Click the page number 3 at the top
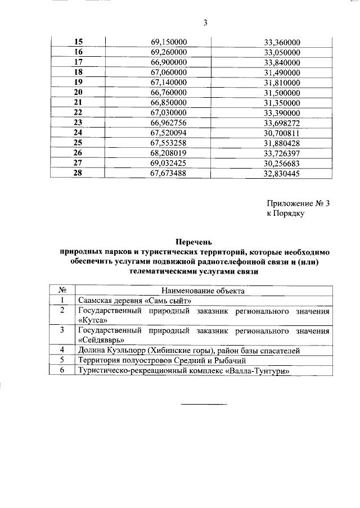(205, 23)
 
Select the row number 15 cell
(78, 42)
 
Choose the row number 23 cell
(78, 123)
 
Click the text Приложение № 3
(298, 204)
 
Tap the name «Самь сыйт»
(169, 301)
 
